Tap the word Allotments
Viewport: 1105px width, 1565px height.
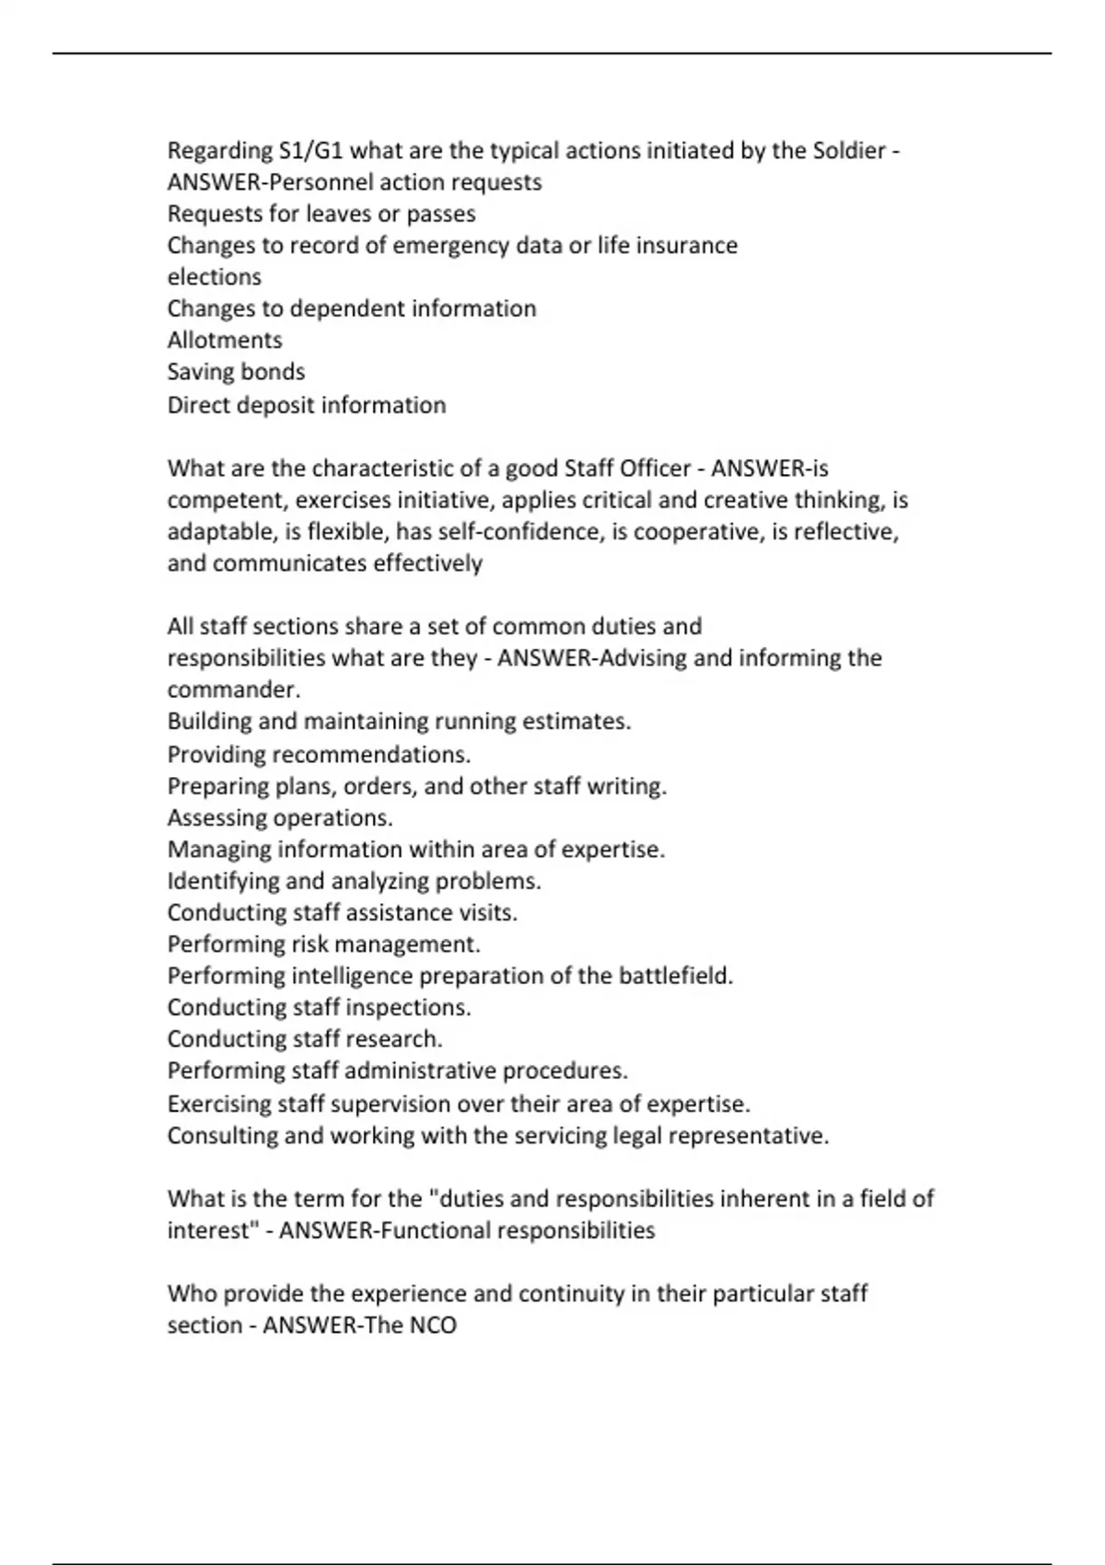tap(225, 341)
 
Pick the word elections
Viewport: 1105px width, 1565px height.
tap(214, 277)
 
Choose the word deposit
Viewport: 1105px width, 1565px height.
tap(276, 405)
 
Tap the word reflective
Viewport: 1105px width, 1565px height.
tap(845, 532)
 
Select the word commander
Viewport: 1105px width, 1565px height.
tap(232, 690)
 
